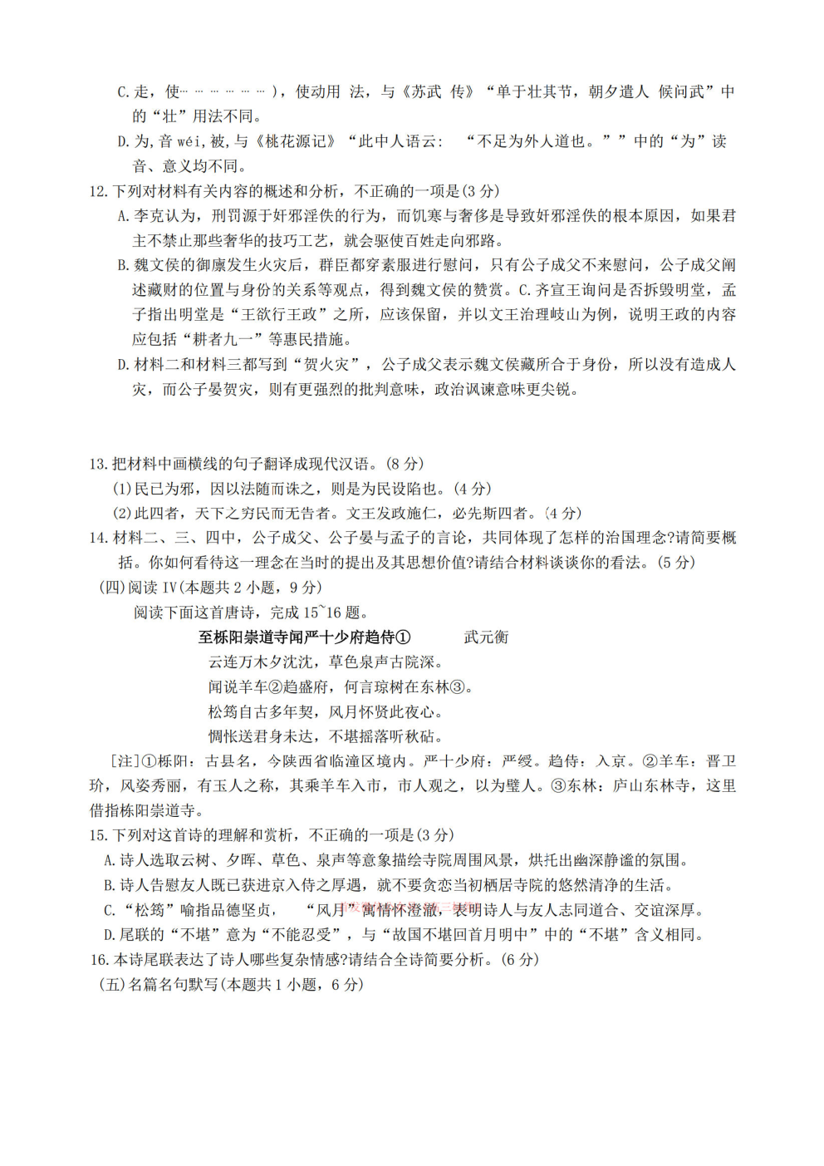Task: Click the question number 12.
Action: (98, 191)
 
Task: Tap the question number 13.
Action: (98, 464)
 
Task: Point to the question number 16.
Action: (99, 960)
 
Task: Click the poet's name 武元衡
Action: (486, 637)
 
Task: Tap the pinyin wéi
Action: (190, 142)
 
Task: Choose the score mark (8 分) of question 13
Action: (405, 464)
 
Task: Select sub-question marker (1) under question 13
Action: (122, 489)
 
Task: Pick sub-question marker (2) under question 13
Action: (122, 514)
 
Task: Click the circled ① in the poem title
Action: (403, 637)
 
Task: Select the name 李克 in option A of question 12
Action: (150, 216)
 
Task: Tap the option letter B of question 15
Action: (109, 885)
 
